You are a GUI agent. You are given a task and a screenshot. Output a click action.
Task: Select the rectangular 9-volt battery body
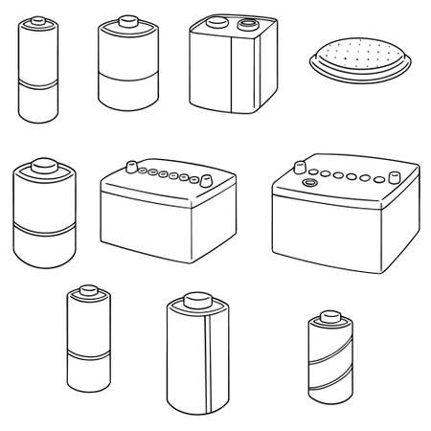click(x=224, y=77)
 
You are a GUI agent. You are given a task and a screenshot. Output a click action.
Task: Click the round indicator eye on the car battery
click(x=308, y=181)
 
